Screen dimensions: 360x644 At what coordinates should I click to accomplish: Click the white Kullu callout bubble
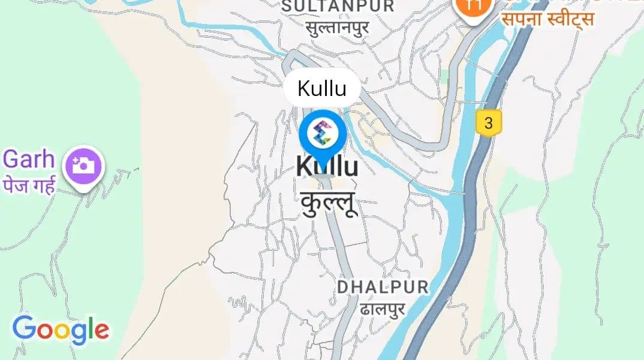[x=322, y=89]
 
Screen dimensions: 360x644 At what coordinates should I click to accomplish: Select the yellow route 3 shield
[x=489, y=124]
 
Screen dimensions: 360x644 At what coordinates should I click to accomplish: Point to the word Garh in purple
[x=29, y=160]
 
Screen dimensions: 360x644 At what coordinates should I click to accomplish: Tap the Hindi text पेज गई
[x=29, y=185]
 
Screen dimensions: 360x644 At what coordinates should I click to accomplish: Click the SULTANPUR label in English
[x=338, y=7]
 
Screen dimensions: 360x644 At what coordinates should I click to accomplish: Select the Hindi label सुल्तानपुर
[x=337, y=28]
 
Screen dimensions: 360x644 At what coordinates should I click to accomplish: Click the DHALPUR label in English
[x=383, y=287]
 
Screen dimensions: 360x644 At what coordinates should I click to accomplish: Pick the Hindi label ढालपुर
[x=383, y=308]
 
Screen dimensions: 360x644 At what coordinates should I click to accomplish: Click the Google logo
[x=61, y=329]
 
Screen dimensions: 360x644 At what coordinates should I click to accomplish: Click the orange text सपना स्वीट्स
[x=547, y=20]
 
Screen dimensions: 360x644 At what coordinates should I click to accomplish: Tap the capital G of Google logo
[x=23, y=328]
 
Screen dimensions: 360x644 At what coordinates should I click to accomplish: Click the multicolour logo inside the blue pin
[x=323, y=132]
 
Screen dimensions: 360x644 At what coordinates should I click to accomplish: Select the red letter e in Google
[x=101, y=331]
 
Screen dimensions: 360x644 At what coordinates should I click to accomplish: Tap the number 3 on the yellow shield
[x=489, y=124]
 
